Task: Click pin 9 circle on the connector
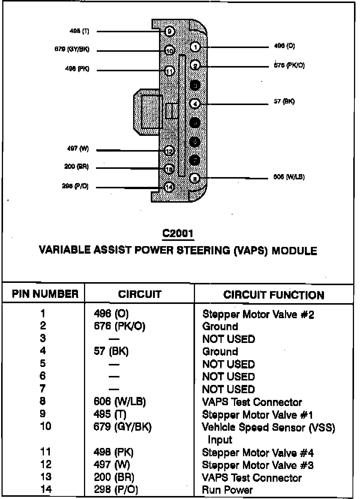169,32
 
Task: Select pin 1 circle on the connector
195,47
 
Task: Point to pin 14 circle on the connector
169,187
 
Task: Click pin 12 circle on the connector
169,151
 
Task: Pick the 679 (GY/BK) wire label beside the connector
72,50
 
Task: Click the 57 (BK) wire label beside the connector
284,101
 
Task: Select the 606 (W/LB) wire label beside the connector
289,177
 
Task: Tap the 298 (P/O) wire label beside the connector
75,186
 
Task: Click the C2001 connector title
178,233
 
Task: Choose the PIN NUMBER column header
45,294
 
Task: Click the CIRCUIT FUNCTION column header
273,295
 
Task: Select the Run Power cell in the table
227,490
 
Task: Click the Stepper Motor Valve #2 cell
258,314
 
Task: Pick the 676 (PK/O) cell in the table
119,326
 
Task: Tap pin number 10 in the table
45,427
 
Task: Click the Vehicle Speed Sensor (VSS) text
268,427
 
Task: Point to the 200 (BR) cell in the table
114,477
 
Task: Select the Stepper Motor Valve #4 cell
258,453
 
